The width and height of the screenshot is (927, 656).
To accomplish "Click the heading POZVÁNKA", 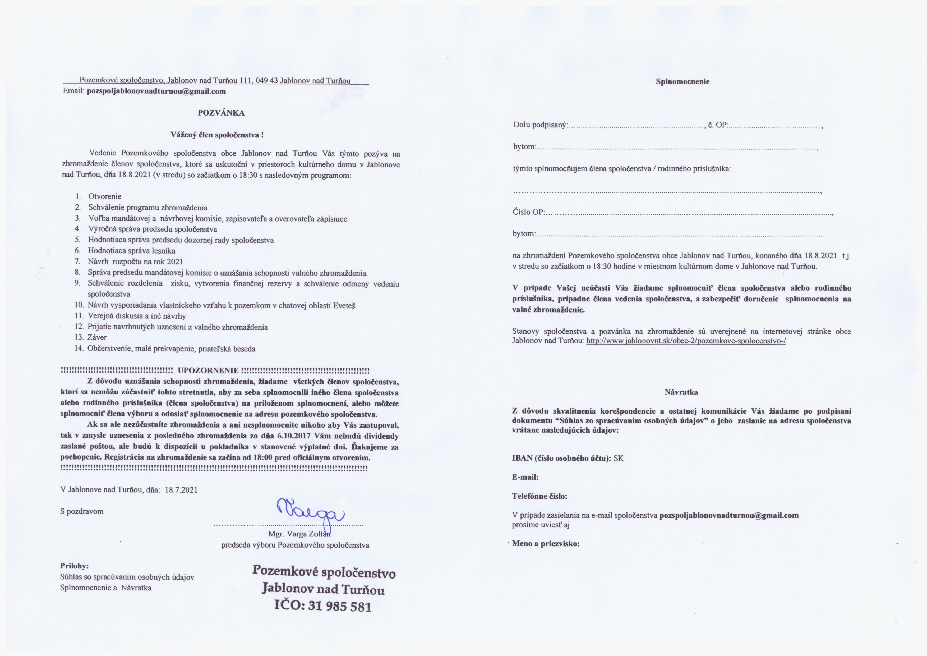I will (x=221, y=113).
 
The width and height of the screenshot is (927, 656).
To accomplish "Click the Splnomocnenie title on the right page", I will (x=682, y=82).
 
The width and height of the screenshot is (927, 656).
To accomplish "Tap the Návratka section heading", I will (x=681, y=392).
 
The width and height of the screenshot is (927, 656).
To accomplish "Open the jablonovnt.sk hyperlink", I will (x=686, y=341).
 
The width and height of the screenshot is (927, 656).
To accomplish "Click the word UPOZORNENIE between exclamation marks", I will (x=208, y=370).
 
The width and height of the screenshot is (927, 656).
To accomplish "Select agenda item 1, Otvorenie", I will (x=105, y=196).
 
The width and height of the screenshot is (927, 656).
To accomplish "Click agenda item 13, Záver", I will (x=97, y=337).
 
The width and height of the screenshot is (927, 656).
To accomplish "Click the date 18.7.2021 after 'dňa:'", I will (x=181, y=490).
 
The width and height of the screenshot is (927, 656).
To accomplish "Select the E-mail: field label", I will (x=525, y=477).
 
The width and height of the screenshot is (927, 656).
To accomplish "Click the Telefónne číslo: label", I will (x=539, y=496).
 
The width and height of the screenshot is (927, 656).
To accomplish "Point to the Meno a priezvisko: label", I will (x=546, y=544).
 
